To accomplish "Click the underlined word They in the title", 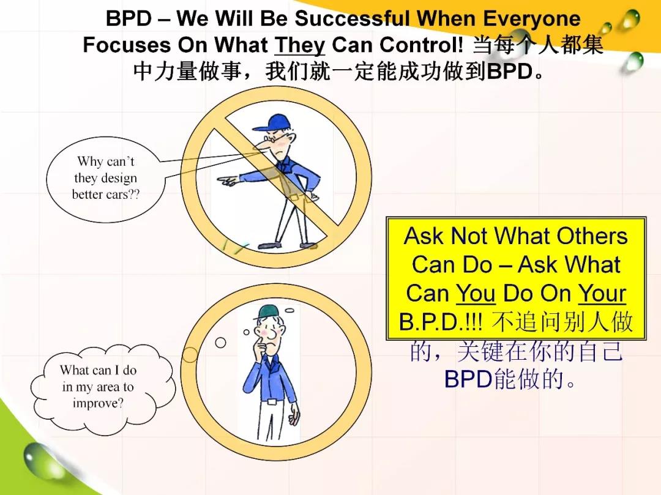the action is (x=299, y=45).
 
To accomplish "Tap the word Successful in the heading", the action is (x=351, y=18).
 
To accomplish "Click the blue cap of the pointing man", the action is (x=272, y=122).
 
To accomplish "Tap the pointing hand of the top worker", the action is (x=227, y=181).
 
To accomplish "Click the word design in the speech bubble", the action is (x=116, y=178).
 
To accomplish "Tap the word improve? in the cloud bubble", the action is (x=98, y=403).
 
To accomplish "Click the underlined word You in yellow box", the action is (x=476, y=293).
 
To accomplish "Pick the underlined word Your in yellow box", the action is (x=602, y=293).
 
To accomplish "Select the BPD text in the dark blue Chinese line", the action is (x=468, y=379).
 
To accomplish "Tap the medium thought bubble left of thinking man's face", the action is (x=220, y=343).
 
